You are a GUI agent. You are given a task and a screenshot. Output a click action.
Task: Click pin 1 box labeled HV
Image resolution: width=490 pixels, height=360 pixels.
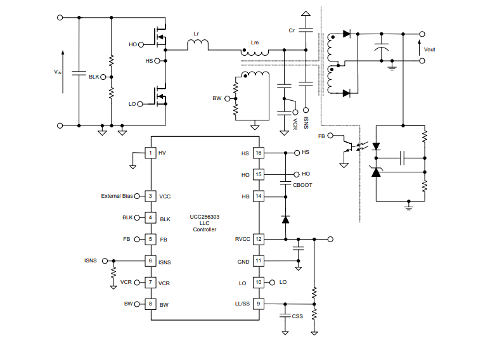[x=150, y=153]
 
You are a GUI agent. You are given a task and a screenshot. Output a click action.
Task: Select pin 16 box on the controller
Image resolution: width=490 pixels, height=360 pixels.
[x=258, y=153]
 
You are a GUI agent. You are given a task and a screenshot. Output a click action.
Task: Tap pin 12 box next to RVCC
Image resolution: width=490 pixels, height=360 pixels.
[x=258, y=239]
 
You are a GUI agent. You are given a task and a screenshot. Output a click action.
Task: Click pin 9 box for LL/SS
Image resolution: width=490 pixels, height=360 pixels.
[x=258, y=304]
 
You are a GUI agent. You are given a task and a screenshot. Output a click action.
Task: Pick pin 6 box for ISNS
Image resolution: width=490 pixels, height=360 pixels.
[x=150, y=260]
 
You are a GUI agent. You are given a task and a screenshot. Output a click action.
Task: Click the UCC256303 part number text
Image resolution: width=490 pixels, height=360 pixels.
[x=204, y=216]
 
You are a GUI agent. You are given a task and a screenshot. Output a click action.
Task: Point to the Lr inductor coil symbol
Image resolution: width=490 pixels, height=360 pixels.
[x=198, y=44]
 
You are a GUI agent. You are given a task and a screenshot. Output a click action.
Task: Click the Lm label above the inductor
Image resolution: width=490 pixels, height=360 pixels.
[x=255, y=42]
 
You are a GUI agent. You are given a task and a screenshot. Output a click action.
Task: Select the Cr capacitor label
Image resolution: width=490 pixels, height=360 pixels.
[x=292, y=30]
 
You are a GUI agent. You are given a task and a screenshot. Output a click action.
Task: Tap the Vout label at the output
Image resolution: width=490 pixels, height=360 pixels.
[x=430, y=49]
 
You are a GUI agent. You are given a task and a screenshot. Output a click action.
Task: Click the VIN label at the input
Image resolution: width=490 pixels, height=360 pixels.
[x=58, y=72]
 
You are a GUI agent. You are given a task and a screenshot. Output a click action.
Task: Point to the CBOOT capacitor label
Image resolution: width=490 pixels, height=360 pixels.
[x=302, y=184]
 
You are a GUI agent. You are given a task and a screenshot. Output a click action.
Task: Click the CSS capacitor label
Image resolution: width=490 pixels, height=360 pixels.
[x=297, y=316]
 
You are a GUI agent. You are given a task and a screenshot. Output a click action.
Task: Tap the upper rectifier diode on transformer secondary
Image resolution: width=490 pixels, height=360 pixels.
[x=346, y=34]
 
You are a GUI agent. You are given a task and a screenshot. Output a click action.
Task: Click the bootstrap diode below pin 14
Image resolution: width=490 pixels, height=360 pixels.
[x=285, y=219]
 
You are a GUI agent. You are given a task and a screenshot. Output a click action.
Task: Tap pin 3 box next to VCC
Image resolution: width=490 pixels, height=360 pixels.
[x=150, y=196]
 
